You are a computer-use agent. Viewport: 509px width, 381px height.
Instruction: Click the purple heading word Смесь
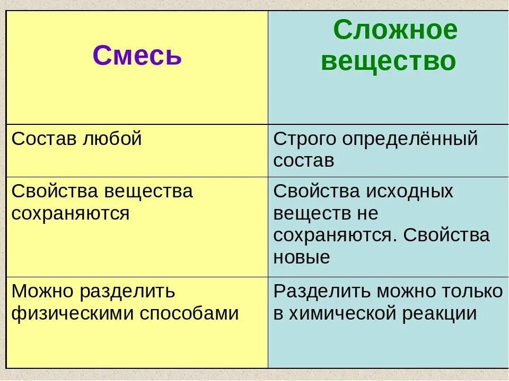pos(137,55)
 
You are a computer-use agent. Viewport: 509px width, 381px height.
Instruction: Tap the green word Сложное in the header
pos(395,31)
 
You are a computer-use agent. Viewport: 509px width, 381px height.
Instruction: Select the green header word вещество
pos(388,61)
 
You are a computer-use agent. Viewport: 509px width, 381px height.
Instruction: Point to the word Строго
pos(304,139)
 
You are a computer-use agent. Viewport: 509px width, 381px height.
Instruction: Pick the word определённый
pos(409,139)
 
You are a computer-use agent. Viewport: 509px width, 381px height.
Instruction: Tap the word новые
pos(302,257)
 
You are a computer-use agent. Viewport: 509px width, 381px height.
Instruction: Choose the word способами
pos(189,314)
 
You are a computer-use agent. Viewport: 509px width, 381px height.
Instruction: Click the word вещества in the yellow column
pos(148,191)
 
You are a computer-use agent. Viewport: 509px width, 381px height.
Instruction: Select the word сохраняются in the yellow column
pos(71,213)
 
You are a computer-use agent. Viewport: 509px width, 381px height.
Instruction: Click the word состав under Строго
pos(304,161)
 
